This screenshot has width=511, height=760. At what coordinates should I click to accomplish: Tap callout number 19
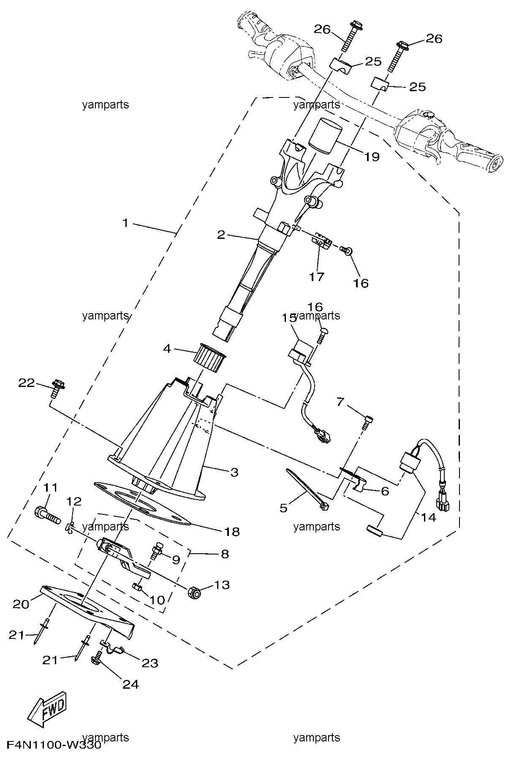click(372, 157)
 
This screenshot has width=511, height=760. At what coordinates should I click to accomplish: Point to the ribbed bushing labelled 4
click(209, 358)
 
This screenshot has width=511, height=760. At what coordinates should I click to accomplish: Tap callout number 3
click(234, 472)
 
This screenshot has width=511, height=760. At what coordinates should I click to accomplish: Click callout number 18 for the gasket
click(232, 531)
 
